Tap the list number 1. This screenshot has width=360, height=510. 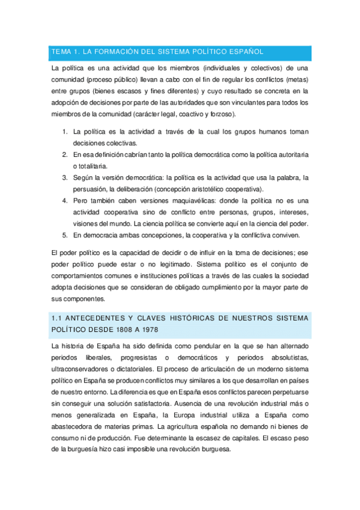65,131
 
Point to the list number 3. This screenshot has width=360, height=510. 65,177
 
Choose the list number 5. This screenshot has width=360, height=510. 65,235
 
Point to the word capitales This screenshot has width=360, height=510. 242,438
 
